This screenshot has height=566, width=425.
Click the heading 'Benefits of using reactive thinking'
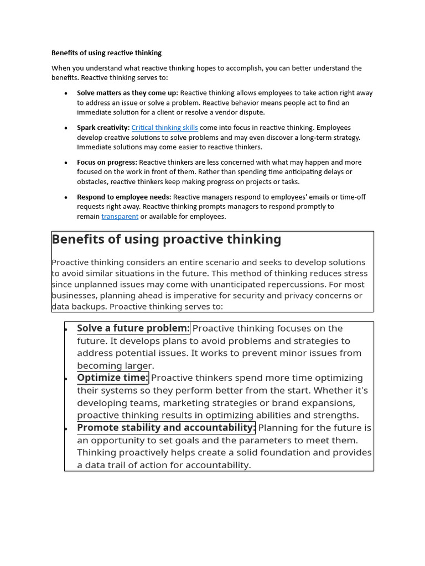pos(106,53)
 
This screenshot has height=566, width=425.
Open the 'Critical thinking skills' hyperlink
pos(164,128)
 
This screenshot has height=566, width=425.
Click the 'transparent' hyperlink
pos(120,217)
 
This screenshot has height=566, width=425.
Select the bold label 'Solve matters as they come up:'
pos(127,93)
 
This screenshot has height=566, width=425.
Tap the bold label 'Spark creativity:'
pos(103,128)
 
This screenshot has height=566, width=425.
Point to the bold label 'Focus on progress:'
pos(107,163)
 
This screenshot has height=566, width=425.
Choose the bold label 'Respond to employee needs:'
pos(124,197)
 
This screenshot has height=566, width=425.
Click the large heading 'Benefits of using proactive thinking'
pos(166,239)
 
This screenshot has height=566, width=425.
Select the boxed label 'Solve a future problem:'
pos(133,328)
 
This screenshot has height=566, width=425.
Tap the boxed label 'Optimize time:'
pos(112,378)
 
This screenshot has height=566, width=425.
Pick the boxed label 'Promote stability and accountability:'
pos(166,428)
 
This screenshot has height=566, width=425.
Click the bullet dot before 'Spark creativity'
pos(66,128)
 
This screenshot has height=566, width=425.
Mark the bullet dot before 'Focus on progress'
pos(66,163)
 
